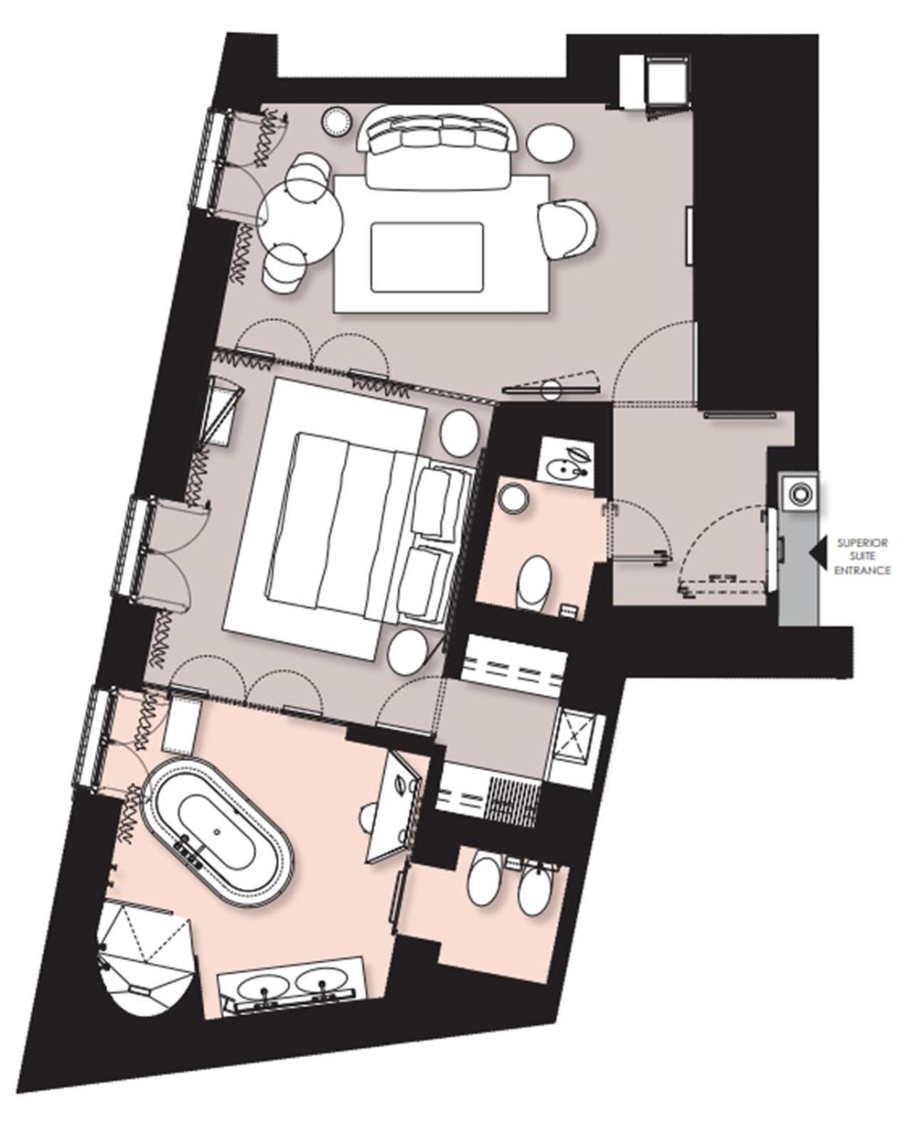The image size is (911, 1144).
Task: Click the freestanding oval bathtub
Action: [x=216, y=832]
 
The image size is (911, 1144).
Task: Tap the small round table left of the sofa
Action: [x=336, y=120]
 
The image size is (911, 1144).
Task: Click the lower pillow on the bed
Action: [x=426, y=580]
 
